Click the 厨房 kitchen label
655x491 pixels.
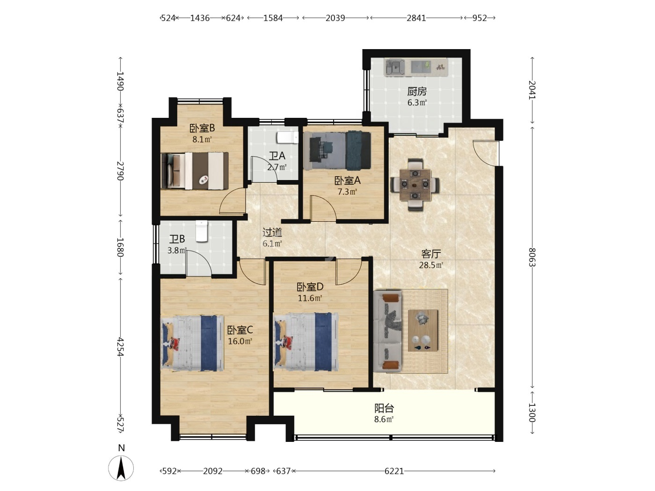pyautogui.click(x=417, y=91)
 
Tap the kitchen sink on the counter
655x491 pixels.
pyautogui.click(x=394, y=67)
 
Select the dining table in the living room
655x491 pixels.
pyautogui.click(x=415, y=185)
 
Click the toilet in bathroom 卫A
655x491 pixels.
pyautogui.click(x=288, y=138)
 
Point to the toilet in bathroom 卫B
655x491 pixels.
pyautogui.click(x=202, y=231)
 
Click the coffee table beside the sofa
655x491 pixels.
pyautogui.click(x=423, y=330)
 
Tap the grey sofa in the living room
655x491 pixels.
pyautogui.click(x=387, y=331)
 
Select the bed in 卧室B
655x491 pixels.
pyautogui.click(x=195, y=171)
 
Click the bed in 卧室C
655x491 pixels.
pyautogui.click(x=192, y=343)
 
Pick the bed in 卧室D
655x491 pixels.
pyautogui.click(x=306, y=342)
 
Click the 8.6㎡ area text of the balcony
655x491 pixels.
pyautogui.click(x=384, y=419)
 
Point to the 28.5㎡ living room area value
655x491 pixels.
pyautogui.click(x=431, y=265)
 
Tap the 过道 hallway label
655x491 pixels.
pyautogui.click(x=272, y=232)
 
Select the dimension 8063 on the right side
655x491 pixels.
pyautogui.click(x=532, y=257)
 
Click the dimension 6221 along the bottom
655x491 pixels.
pyautogui.click(x=394, y=471)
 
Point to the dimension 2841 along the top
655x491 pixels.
pyautogui.click(x=416, y=18)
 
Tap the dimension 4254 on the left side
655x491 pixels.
pyautogui.click(x=120, y=347)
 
